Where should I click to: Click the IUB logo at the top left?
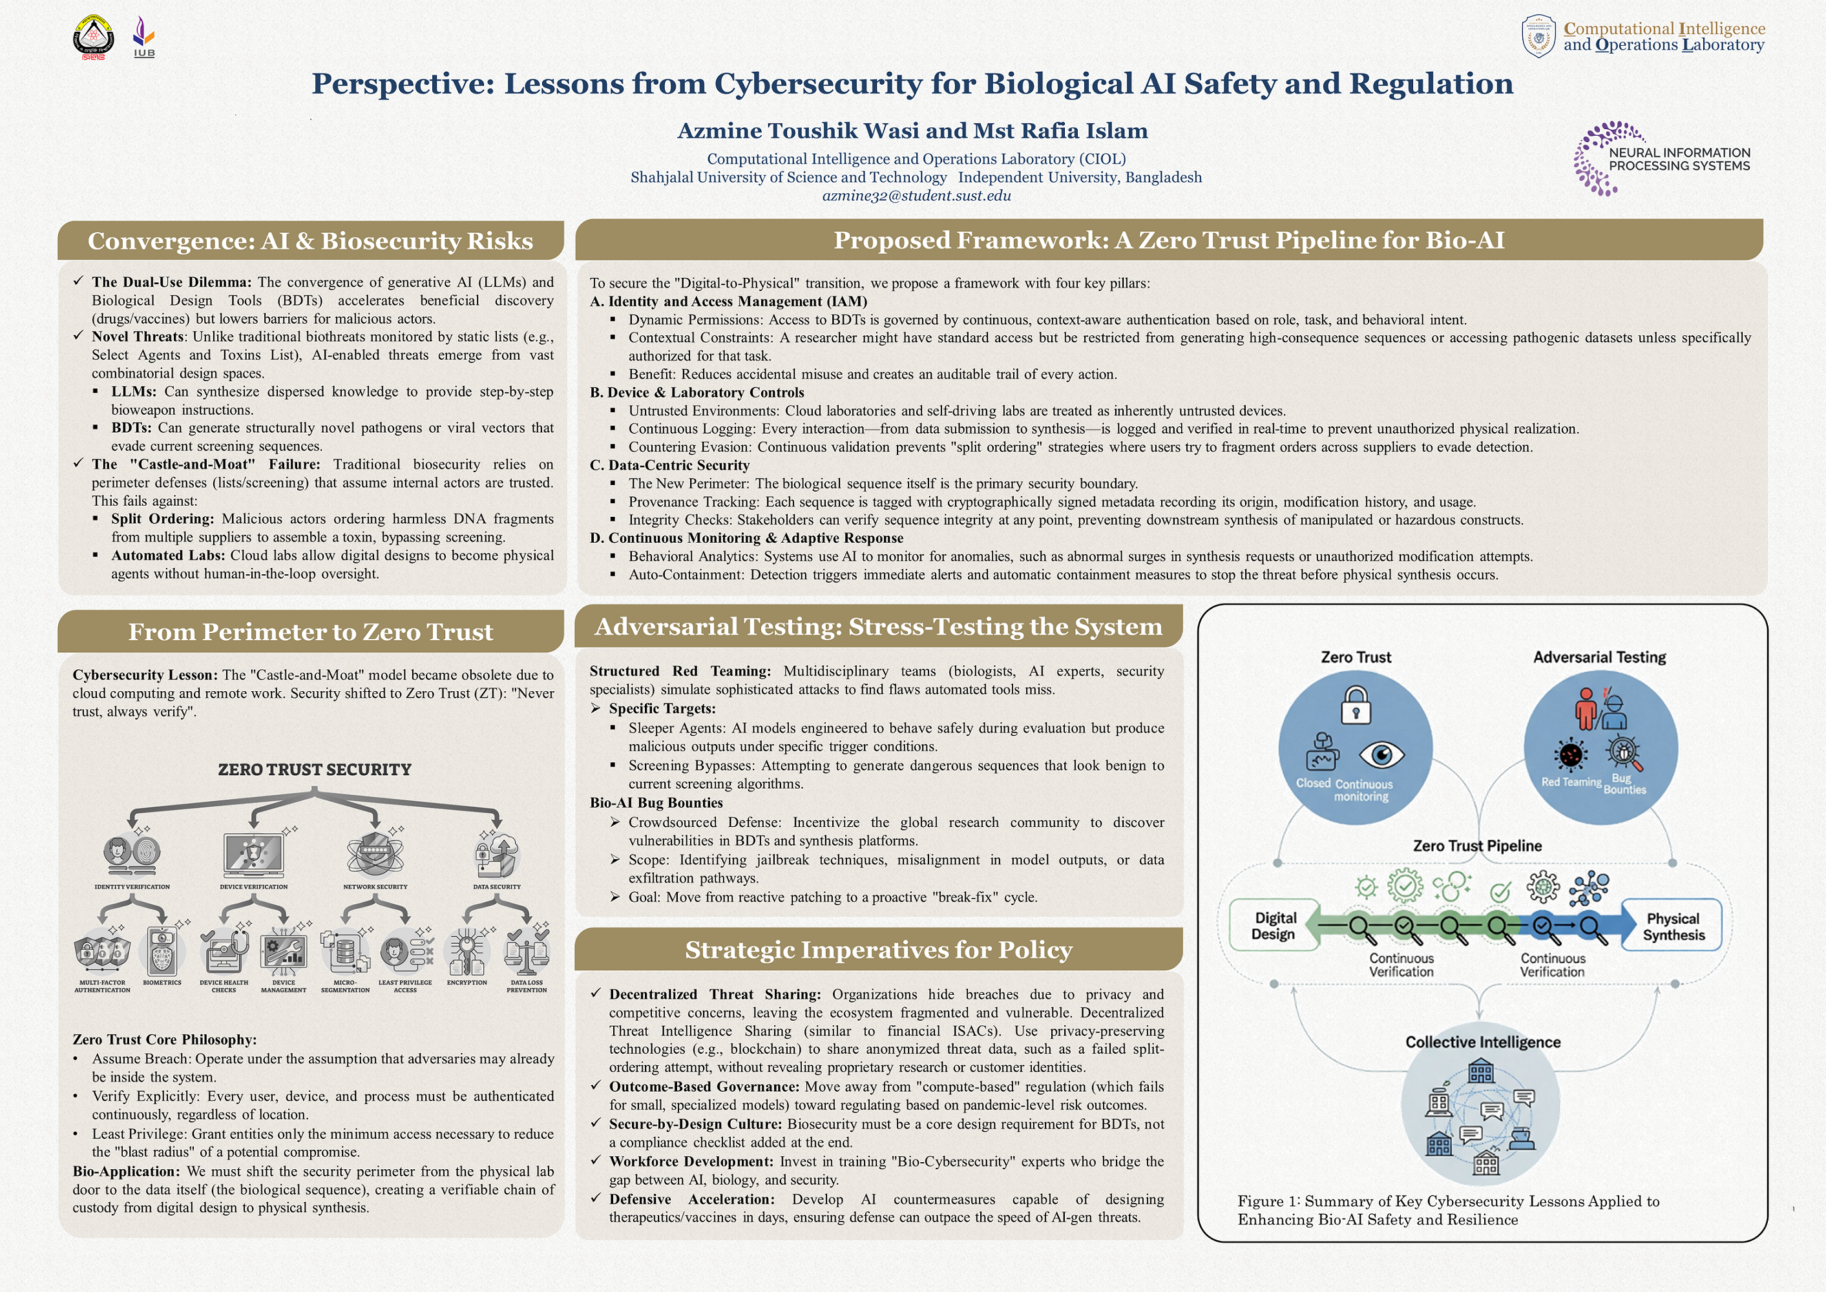(144, 37)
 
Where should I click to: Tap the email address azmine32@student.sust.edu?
(916, 196)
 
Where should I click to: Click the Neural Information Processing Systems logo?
(1661, 159)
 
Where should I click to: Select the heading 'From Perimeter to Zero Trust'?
(310, 632)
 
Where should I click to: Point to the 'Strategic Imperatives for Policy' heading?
(878, 950)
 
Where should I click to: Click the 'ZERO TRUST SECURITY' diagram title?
(314, 769)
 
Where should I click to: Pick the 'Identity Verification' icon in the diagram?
(132, 853)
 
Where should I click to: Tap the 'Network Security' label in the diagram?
(375, 886)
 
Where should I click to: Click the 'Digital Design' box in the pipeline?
(1273, 925)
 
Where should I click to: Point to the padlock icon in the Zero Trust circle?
(1355, 705)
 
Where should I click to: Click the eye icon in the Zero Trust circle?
(1381, 753)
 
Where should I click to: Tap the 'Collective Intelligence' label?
(1482, 1041)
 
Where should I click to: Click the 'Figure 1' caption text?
(1448, 1210)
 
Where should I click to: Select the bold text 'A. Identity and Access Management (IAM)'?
(728, 302)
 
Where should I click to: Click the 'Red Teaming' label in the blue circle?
(1571, 782)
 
